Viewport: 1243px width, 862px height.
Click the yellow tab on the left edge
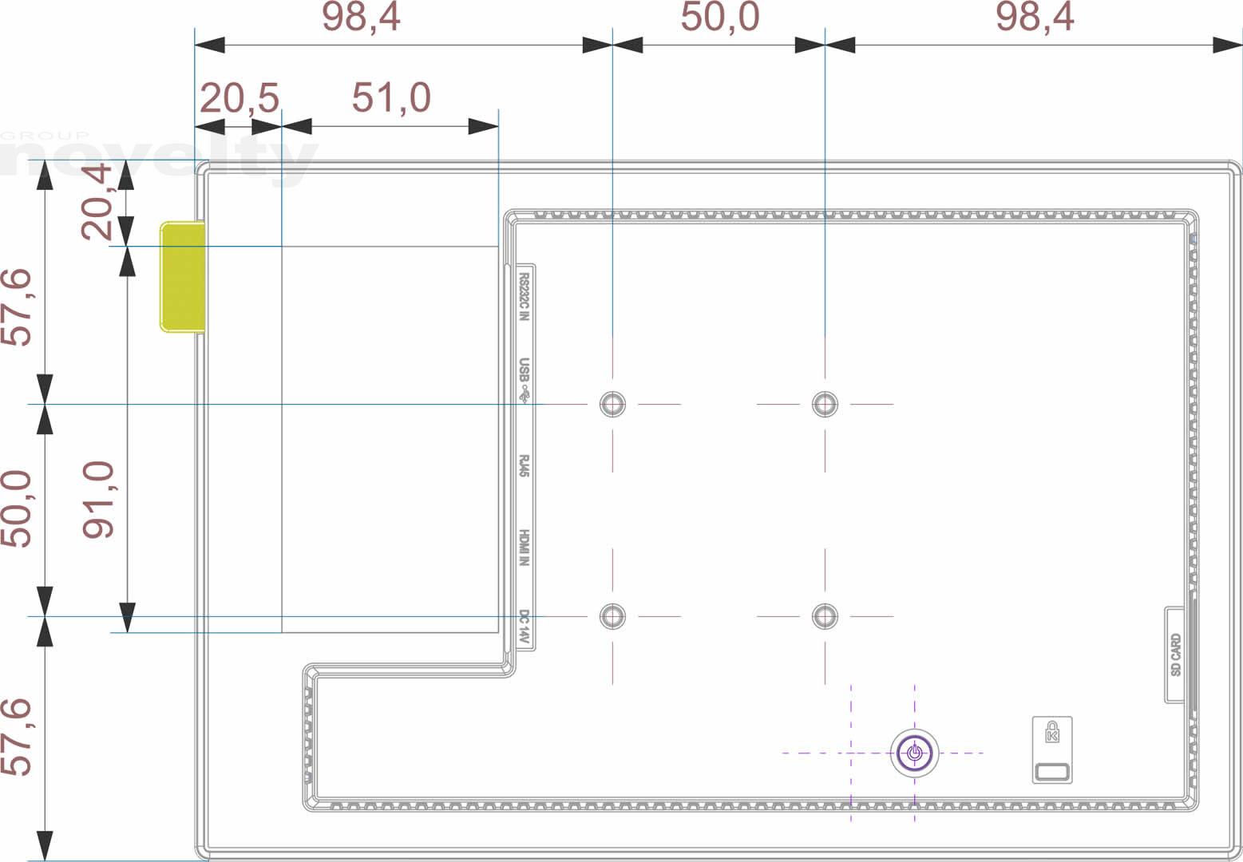click(x=183, y=277)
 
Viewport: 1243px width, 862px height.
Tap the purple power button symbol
click(x=915, y=753)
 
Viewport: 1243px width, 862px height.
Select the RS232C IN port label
click(x=524, y=297)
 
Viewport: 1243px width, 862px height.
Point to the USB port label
click(x=524, y=380)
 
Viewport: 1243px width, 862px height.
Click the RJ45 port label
click(x=524, y=466)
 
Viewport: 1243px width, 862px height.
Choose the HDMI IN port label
click(x=524, y=548)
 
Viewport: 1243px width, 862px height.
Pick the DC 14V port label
click(x=524, y=627)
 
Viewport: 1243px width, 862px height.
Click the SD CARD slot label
click(x=1176, y=655)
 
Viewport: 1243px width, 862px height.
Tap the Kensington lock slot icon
click(x=1052, y=750)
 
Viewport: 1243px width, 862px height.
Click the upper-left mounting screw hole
click(x=612, y=404)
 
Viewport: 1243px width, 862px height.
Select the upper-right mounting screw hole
click(x=825, y=404)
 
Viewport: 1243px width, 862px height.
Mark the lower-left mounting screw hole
click(x=612, y=616)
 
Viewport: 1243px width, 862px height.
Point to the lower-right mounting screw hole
click(x=825, y=616)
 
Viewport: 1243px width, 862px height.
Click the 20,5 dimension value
click(x=239, y=98)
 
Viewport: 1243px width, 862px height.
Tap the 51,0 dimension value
click(x=391, y=97)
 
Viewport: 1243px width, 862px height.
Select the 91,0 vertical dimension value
click(x=98, y=500)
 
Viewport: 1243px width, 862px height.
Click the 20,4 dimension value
click(x=97, y=201)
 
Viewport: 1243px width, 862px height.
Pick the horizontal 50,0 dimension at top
click(x=720, y=17)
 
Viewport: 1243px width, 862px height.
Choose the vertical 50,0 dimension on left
click(x=16, y=508)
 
